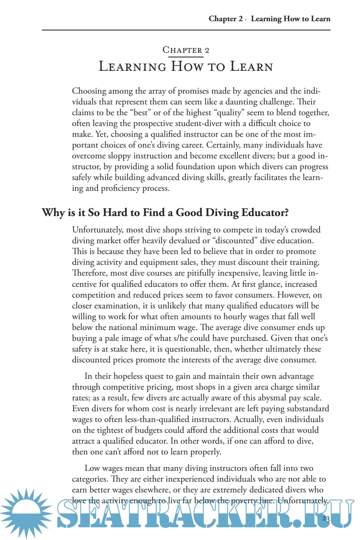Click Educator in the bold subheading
coord(265,212)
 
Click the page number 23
coord(325,519)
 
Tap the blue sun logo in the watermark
coord(26,513)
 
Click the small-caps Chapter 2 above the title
coord(186,50)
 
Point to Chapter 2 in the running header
coord(226,19)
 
